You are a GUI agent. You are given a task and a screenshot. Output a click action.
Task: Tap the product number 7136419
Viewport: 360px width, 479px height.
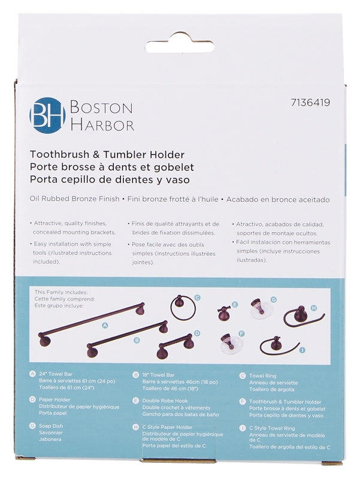pyautogui.click(x=308, y=102)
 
